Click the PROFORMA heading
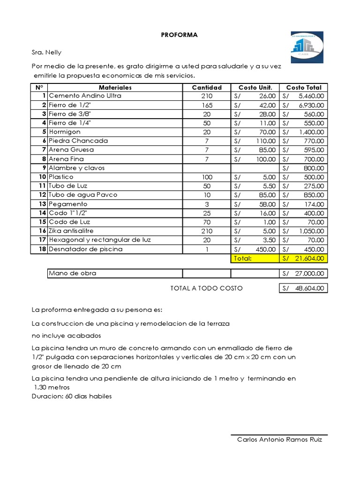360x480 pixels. tap(180, 35)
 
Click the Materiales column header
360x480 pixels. tap(115, 87)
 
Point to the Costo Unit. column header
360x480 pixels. tap(255, 87)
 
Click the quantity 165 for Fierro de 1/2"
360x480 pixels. tap(207, 105)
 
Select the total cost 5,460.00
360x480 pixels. tap(311, 96)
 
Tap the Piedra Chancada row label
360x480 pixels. tap(78, 141)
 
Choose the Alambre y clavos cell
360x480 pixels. tap(77, 168)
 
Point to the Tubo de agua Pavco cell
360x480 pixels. tap(83, 195)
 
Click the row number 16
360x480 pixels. tap(42, 231)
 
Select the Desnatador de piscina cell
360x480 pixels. tap(86, 249)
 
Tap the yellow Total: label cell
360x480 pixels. tap(243, 258)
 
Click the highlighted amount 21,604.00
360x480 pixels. tap(308, 258)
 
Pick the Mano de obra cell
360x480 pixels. tap(73, 273)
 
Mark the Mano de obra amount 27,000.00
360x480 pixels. tap(308, 274)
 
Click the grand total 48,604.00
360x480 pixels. tap(308, 289)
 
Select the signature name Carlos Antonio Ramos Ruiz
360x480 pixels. tap(279, 440)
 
